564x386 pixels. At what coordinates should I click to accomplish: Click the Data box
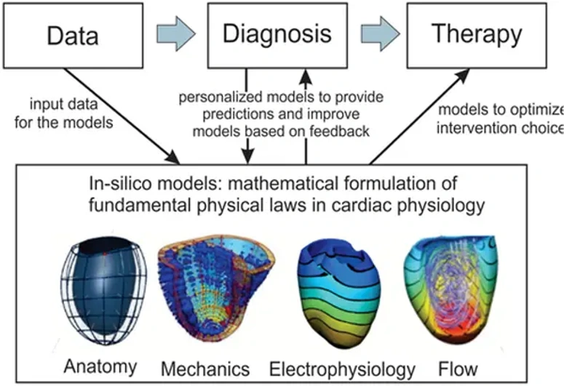(73, 34)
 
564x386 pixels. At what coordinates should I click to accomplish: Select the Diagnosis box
(276, 34)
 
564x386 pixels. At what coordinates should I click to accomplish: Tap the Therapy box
(476, 34)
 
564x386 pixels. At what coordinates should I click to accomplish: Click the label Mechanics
(205, 368)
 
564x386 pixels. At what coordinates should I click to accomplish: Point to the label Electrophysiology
(343, 368)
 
